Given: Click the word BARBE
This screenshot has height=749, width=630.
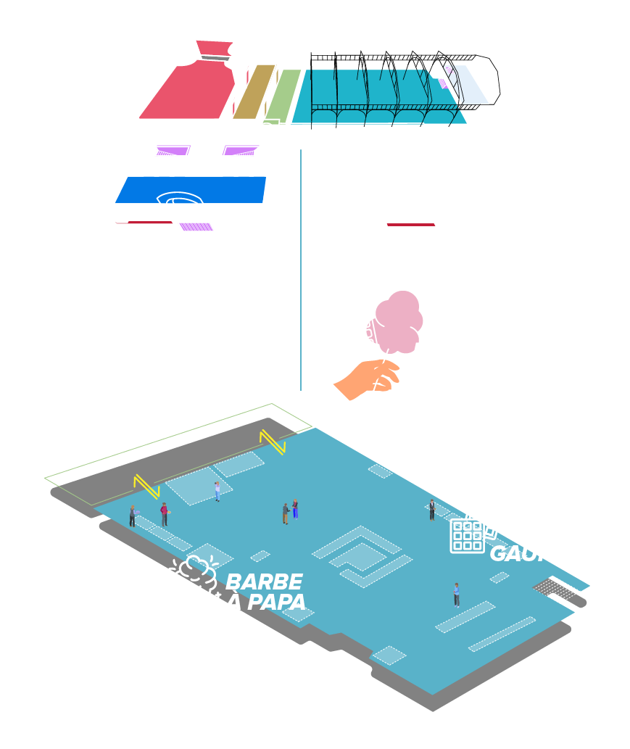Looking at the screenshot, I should pyautogui.click(x=264, y=582).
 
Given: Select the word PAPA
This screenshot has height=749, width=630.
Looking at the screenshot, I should pyautogui.click(x=276, y=602).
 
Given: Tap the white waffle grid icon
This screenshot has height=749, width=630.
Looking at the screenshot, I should pyautogui.click(x=467, y=536).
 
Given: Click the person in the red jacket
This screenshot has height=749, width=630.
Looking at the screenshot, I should pyautogui.click(x=164, y=513).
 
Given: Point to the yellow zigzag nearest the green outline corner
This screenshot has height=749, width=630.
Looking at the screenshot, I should pyautogui.click(x=272, y=441).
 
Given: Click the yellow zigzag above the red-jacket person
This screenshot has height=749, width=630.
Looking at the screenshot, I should pyautogui.click(x=146, y=486).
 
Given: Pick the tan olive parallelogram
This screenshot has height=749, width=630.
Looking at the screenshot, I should pyautogui.click(x=254, y=91).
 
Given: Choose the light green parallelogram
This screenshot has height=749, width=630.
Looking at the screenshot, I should pyautogui.click(x=282, y=95).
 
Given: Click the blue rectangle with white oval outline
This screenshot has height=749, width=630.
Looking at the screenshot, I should pyautogui.click(x=191, y=190).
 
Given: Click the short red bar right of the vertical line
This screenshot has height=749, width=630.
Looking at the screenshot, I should pyautogui.click(x=411, y=225).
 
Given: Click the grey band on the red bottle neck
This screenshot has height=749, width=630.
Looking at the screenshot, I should pyautogui.click(x=215, y=58).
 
